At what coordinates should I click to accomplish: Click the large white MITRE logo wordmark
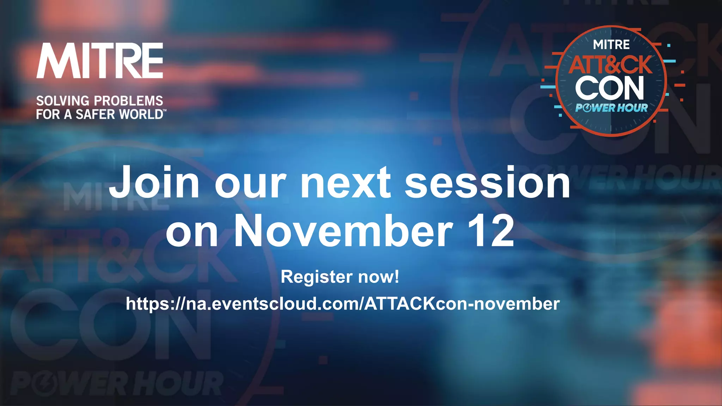[100, 61]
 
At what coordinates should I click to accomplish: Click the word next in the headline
[345, 183]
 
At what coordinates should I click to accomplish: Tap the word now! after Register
[379, 277]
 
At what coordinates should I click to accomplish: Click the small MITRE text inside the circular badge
[611, 45]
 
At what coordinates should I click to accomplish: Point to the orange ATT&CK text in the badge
[611, 65]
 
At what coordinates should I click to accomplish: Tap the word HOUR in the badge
[632, 108]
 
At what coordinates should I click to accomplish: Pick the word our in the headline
[250, 183]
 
